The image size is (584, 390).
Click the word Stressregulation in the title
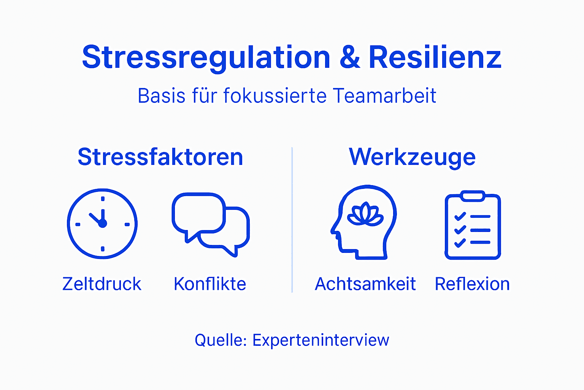pyautogui.click(x=206, y=58)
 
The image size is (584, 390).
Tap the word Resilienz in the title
pyautogui.click(x=435, y=58)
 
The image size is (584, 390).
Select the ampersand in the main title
pyautogui.click(x=349, y=58)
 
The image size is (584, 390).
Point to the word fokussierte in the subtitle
pyautogui.click(x=275, y=96)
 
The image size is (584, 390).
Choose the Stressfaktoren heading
pyautogui.click(x=160, y=157)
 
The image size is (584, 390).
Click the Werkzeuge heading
pyautogui.click(x=412, y=157)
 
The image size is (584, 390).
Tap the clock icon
pyautogui.click(x=102, y=224)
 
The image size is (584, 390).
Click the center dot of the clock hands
pyautogui.click(x=103, y=224)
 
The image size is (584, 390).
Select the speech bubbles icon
pyautogui.click(x=210, y=224)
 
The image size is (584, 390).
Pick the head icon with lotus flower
pyautogui.click(x=364, y=223)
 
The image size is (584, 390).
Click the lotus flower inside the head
pyautogui.click(x=365, y=214)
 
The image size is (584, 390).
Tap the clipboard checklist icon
pyautogui.click(x=473, y=225)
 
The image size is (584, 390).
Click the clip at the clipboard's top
pyautogui.click(x=472, y=196)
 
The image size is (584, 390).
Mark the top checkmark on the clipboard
pyautogui.click(x=460, y=217)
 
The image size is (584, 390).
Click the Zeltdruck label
pyautogui.click(x=102, y=284)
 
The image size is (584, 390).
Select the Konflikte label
pyautogui.click(x=210, y=284)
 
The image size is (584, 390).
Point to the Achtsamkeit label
pyautogui.click(x=365, y=284)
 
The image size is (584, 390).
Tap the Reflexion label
pyautogui.click(x=472, y=284)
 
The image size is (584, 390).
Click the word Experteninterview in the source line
pyautogui.click(x=321, y=340)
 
